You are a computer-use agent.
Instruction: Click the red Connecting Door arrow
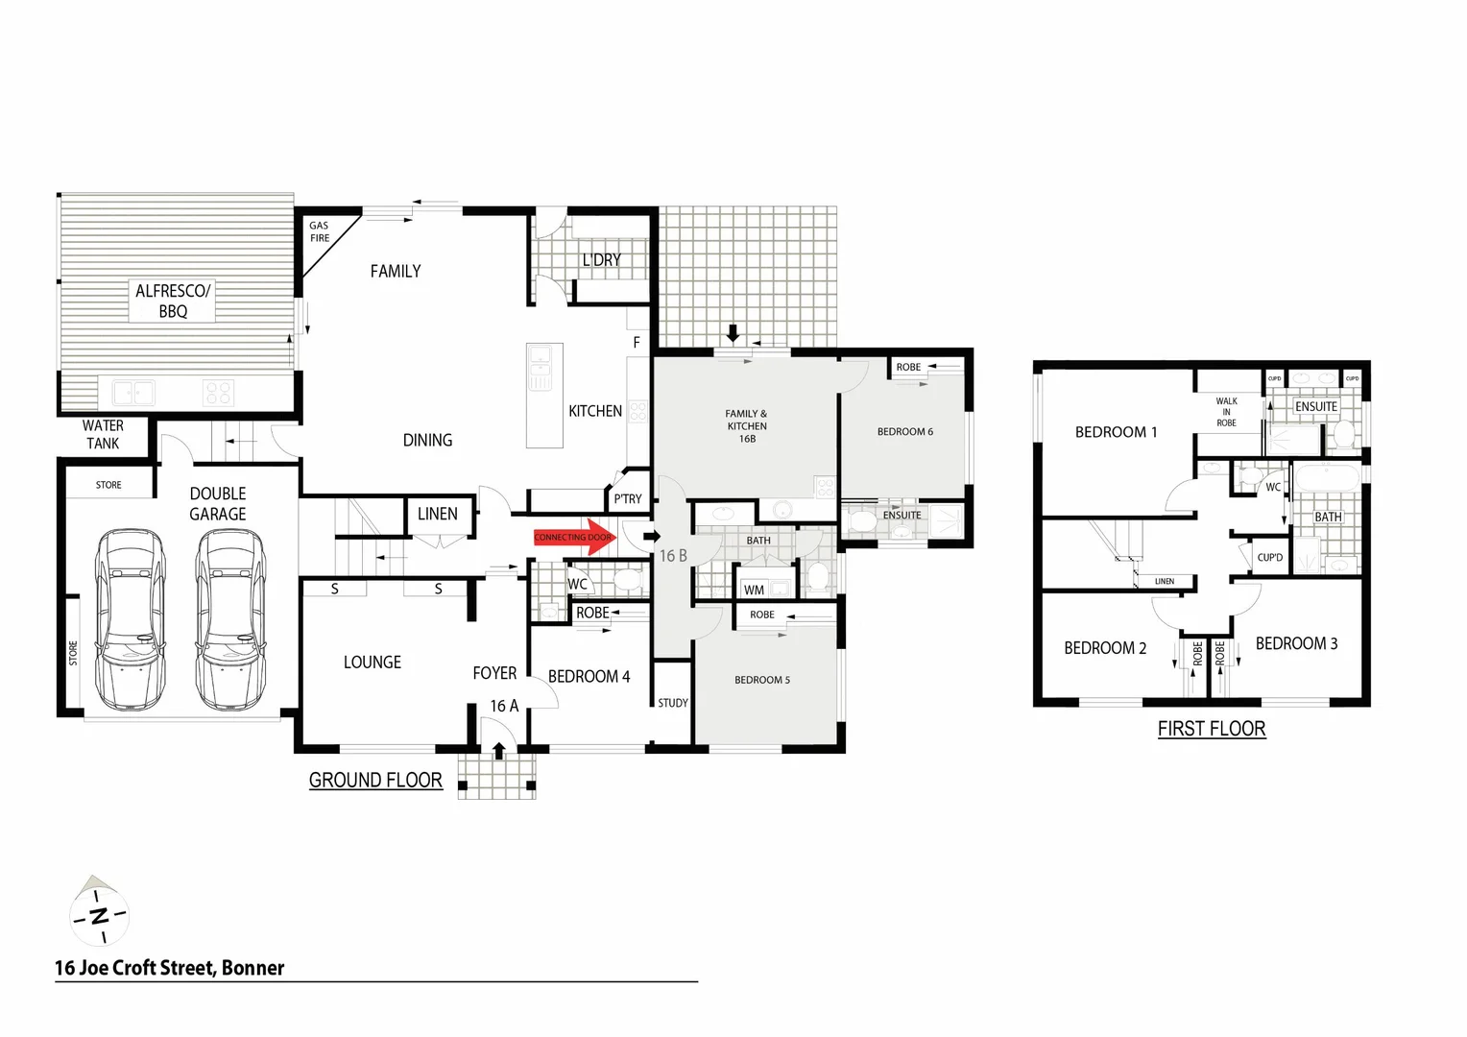[x=575, y=538]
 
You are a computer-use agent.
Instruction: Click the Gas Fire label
[x=319, y=232]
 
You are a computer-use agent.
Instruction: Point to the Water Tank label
[x=103, y=434]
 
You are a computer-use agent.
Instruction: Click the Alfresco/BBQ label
[x=173, y=301]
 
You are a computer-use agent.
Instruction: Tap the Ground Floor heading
[x=375, y=781]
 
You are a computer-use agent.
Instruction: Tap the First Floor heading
[x=1211, y=729]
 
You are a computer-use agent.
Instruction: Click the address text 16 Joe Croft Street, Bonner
[x=170, y=968]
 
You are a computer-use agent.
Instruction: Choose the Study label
[x=672, y=703]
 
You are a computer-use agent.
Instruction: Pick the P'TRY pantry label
[x=628, y=498]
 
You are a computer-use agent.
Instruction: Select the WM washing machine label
[x=754, y=590]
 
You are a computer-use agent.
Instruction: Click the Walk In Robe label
[x=1226, y=412]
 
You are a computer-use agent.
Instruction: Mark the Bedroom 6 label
[x=904, y=432]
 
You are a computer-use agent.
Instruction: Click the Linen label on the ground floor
[x=438, y=514]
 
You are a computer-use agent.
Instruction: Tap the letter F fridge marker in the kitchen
[x=636, y=343]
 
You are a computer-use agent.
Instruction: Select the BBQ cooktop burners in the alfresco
[x=218, y=393]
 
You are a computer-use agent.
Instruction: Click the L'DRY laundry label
[x=601, y=260]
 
